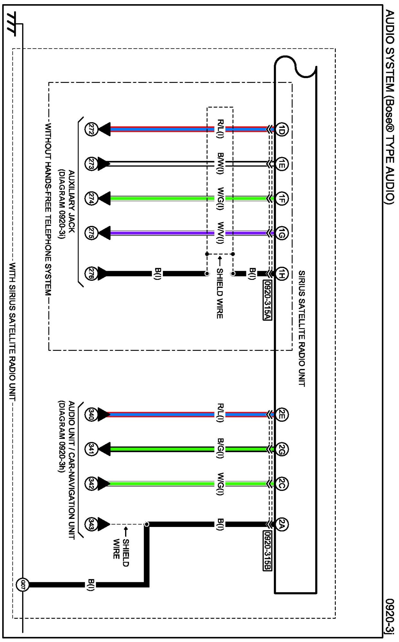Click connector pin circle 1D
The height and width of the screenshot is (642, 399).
[281, 129]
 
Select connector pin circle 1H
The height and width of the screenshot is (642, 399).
[281, 274]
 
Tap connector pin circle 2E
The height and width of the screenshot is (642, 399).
[281, 415]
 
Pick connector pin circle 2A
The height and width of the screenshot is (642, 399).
[281, 524]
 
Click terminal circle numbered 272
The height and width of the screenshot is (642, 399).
[90, 129]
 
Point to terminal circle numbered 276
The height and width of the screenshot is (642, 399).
[90, 274]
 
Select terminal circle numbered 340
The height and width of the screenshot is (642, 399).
[90, 415]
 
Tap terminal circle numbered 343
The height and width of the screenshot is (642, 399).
[90, 524]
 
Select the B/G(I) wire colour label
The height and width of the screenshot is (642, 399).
[220, 449]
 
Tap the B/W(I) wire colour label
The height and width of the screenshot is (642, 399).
[220, 164]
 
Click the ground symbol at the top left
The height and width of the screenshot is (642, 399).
[13, 24]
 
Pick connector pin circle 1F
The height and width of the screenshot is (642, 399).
[281, 199]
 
